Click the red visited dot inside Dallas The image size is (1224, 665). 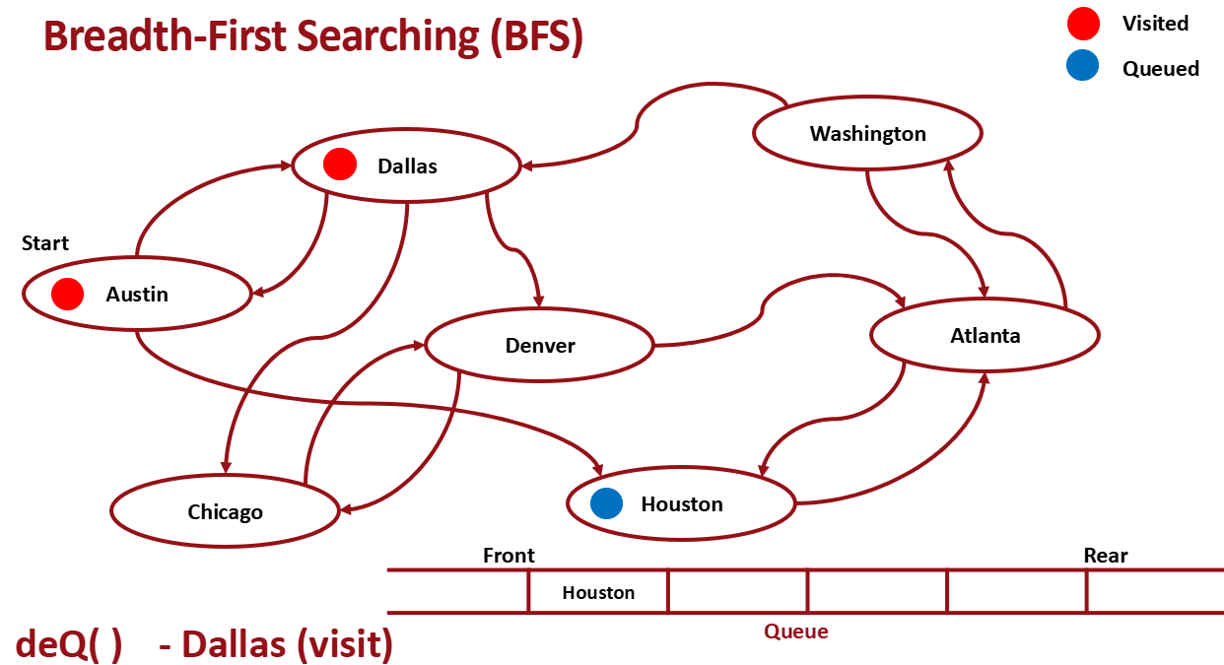pyautogui.click(x=340, y=165)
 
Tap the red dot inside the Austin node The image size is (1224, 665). pyautogui.click(x=67, y=294)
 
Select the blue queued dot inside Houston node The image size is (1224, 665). pyautogui.click(x=607, y=503)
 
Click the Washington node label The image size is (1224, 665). pyautogui.click(x=867, y=133)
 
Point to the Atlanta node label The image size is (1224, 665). pyautogui.click(x=985, y=335)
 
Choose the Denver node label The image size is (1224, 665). pyautogui.click(x=539, y=345)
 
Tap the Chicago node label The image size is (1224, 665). pyautogui.click(x=225, y=511)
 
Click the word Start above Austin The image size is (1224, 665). pyautogui.click(x=45, y=243)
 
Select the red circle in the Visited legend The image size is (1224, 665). pyautogui.click(x=1082, y=23)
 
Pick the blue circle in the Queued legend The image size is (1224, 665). pyautogui.click(x=1082, y=68)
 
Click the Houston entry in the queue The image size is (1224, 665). pyautogui.click(x=598, y=592)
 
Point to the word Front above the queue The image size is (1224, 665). pyautogui.click(x=509, y=556)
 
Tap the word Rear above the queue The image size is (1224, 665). pyautogui.click(x=1105, y=556)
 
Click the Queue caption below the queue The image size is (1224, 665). pyautogui.click(x=796, y=632)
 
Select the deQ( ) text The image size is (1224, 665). pyautogui.click(x=68, y=644)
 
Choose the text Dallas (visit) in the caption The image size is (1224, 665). pyautogui.click(x=288, y=644)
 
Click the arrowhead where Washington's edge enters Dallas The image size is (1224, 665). pyautogui.click(x=528, y=165)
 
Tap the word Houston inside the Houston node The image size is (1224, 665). pyautogui.click(x=682, y=503)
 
